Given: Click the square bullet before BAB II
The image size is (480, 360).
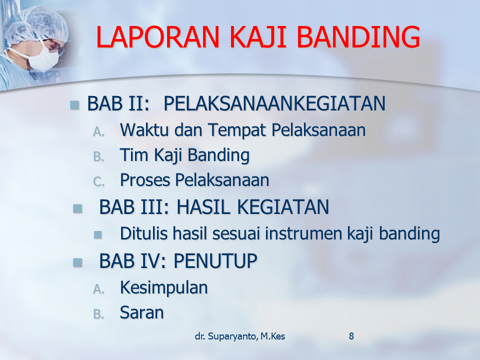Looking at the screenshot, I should coord(74,104).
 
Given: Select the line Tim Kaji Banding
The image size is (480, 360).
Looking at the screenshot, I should coord(184,155).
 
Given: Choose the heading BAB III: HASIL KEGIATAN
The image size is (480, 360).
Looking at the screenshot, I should coord(214,207).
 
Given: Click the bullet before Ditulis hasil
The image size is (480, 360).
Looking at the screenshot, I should coord(98,234).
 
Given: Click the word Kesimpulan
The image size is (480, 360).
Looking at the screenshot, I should coord(163,287).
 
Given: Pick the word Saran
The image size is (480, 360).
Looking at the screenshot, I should coord(141,312).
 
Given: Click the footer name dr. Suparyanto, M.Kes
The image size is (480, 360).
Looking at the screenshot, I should coord(240,336).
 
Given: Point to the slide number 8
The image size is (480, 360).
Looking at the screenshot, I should coord(351,336).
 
